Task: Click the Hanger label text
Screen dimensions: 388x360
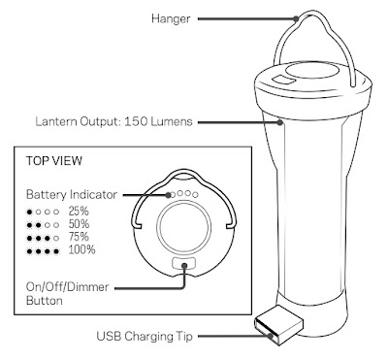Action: coord(171,18)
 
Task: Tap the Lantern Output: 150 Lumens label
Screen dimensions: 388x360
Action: coord(113,121)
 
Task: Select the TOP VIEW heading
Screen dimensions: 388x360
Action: coord(54,161)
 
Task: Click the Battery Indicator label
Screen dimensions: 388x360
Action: coord(71,195)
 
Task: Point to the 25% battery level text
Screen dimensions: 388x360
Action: coord(79,212)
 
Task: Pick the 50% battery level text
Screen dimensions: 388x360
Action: coord(79,224)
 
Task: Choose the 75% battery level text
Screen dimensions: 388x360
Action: coord(79,237)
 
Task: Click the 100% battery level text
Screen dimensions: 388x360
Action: coord(81,250)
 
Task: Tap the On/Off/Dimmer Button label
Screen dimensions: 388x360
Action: coord(67,294)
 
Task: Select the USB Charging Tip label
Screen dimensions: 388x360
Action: coord(145,336)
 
